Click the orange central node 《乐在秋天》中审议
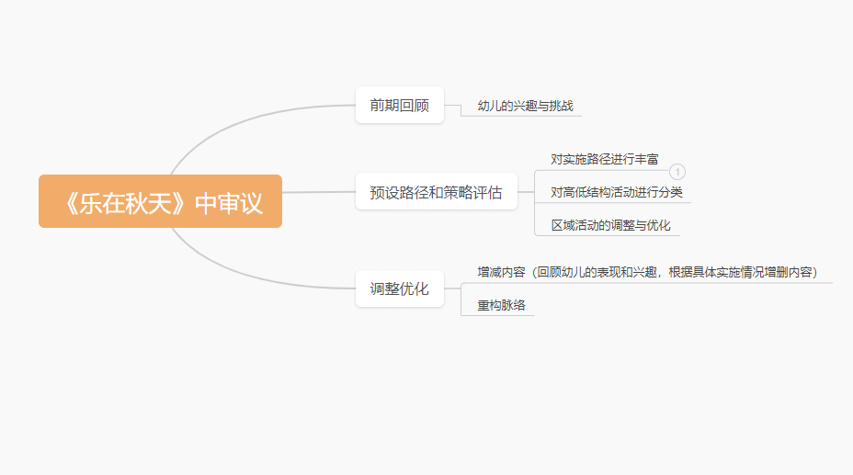pyautogui.click(x=161, y=201)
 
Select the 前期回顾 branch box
pyautogui.click(x=400, y=105)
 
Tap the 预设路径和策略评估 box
pyautogui.click(x=437, y=191)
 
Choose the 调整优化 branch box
pyautogui.click(x=400, y=288)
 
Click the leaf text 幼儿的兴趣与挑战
pyautogui.click(x=526, y=106)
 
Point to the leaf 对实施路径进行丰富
pyautogui.click(x=605, y=159)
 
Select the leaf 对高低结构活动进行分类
pyautogui.click(x=617, y=192)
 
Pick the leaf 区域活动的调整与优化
pyautogui.click(x=610, y=225)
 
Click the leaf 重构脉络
pyautogui.click(x=501, y=305)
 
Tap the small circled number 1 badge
pyautogui.click(x=677, y=172)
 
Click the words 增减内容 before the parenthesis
pyautogui.click(x=501, y=272)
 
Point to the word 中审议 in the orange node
pyautogui.click(x=229, y=203)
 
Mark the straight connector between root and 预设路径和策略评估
pyautogui.click(x=319, y=192)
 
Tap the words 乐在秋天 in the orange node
pyautogui.click(x=126, y=203)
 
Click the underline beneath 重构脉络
pyautogui.click(x=498, y=315)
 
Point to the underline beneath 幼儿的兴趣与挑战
pyautogui.click(x=521, y=116)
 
